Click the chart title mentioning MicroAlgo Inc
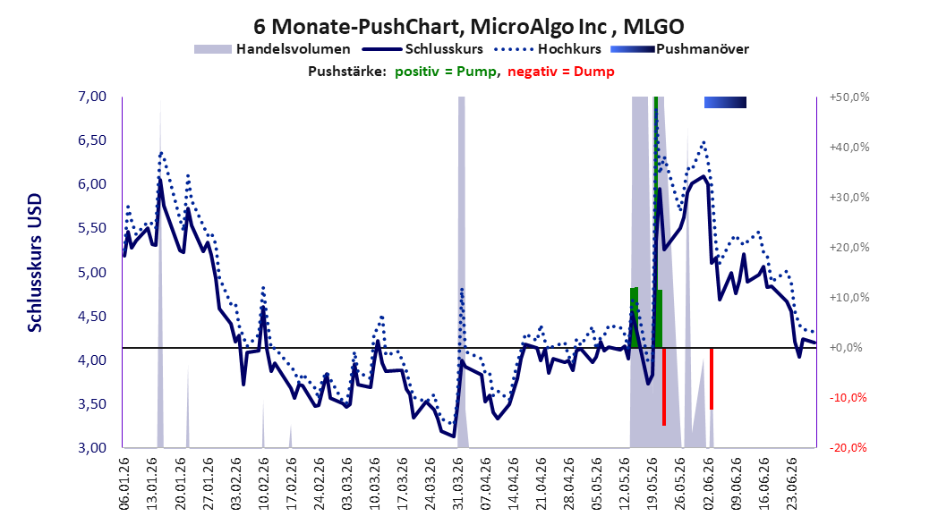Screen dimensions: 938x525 coord(468,26)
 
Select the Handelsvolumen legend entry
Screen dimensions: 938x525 coord(272,49)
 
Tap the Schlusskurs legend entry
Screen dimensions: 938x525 coord(422,49)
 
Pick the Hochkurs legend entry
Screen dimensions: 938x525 coord(547,49)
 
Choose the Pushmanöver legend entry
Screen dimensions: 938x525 coord(679,49)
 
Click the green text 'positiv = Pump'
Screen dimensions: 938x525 coord(446,72)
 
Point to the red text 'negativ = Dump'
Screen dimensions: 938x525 coord(560,72)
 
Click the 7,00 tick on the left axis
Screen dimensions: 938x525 coord(92,97)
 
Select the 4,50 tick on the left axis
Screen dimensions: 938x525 coord(92,316)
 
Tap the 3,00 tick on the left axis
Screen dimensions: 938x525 coord(92,447)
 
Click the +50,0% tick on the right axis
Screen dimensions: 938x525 coord(849,97)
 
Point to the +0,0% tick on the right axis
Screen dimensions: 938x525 coord(848,347)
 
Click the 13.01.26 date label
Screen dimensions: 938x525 coord(152,484)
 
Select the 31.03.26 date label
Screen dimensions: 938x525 coord(458,484)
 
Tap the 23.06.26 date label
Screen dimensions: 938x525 coord(792,484)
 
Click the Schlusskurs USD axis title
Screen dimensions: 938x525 coord(35,263)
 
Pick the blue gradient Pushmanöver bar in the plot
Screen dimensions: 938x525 coord(725,102)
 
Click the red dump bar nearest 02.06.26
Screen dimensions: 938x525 coord(712,378)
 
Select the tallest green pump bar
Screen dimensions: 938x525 coord(656,222)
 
